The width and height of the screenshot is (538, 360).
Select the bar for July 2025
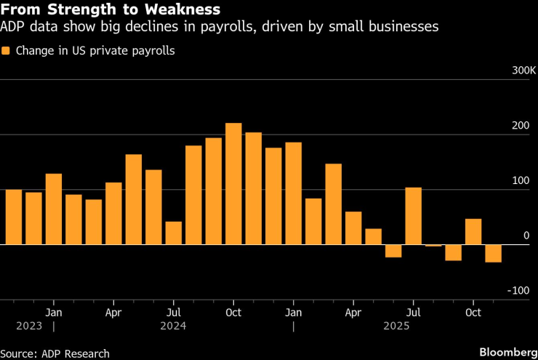pos(413,216)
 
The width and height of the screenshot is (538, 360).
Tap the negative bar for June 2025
pos(393,251)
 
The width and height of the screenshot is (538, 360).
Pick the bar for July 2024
pos(173,233)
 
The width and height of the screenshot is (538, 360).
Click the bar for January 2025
pos(293,193)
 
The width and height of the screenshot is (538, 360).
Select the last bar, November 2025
pos(493,253)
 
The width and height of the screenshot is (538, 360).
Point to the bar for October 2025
pos(473,231)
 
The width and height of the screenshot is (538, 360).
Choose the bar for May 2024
pos(133,199)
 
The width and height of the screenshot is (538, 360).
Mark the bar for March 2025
pos(333,204)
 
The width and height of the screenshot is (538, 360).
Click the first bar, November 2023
pos(13,217)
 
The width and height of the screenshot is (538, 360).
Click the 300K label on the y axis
pos(523,71)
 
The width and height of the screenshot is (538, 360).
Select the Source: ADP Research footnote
pos(55,353)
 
